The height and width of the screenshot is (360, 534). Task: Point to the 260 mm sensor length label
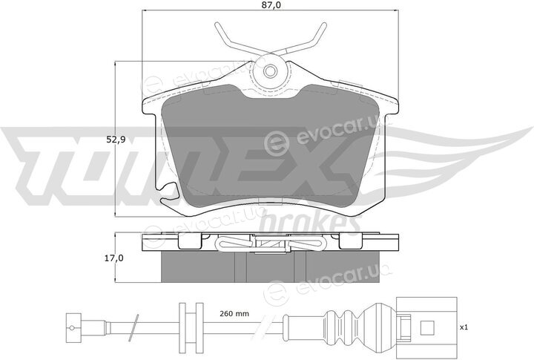click(x=234, y=313)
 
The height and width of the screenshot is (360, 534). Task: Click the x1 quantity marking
click(x=464, y=327)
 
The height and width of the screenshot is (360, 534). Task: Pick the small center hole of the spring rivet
click(x=271, y=71)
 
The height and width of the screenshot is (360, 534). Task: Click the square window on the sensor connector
click(x=427, y=327)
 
